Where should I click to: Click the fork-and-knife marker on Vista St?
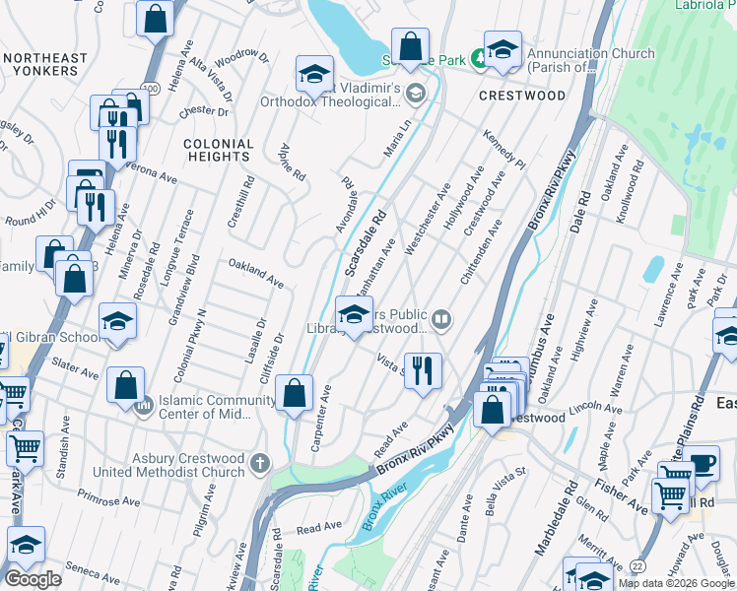[x=423, y=370]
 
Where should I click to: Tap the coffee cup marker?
[x=702, y=463]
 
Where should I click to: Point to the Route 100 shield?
[x=150, y=89]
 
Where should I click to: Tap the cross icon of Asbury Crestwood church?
[x=260, y=463]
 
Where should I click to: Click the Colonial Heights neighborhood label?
[x=218, y=150]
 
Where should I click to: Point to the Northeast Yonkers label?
[x=40, y=65]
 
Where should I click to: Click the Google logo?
[x=33, y=578]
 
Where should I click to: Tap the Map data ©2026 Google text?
[x=675, y=583]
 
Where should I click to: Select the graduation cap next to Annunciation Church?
[x=502, y=51]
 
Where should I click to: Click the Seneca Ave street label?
[x=93, y=571]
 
